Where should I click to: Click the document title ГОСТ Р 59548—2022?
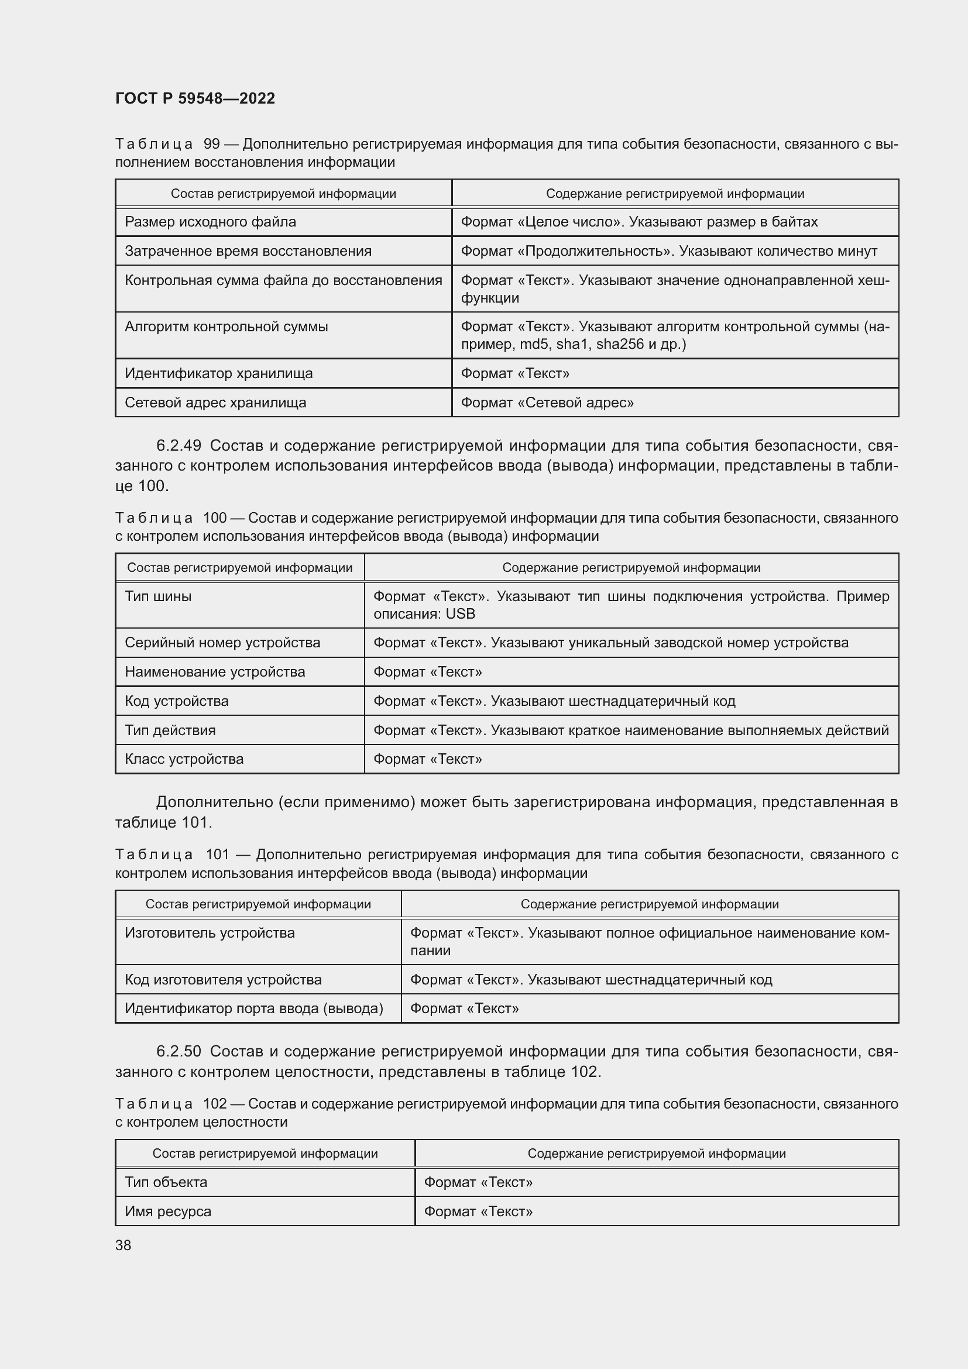[x=195, y=98]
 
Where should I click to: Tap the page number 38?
[x=123, y=1245]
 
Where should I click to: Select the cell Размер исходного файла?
[x=211, y=222]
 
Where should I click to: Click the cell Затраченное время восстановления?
[x=248, y=251]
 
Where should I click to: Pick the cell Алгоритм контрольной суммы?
[x=226, y=327]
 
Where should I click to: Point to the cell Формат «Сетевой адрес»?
[x=547, y=403]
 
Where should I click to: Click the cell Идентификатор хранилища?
[x=219, y=373]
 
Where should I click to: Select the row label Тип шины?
[x=158, y=596]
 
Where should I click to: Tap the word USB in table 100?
[x=460, y=614]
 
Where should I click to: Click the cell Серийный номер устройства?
[x=222, y=643]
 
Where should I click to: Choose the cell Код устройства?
[x=176, y=701]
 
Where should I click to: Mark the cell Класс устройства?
[x=184, y=759]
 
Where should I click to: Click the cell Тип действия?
[x=170, y=730]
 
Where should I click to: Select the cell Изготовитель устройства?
[x=210, y=932]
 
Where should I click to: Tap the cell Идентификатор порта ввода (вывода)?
[x=254, y=1008]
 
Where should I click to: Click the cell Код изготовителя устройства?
[x=223, y=980]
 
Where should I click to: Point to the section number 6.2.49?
[x=179, y=445]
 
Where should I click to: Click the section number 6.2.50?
[x=179, y=1051]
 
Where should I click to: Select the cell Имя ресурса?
[x=167, y=1211]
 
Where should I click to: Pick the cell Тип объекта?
[x=166, y=1182]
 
